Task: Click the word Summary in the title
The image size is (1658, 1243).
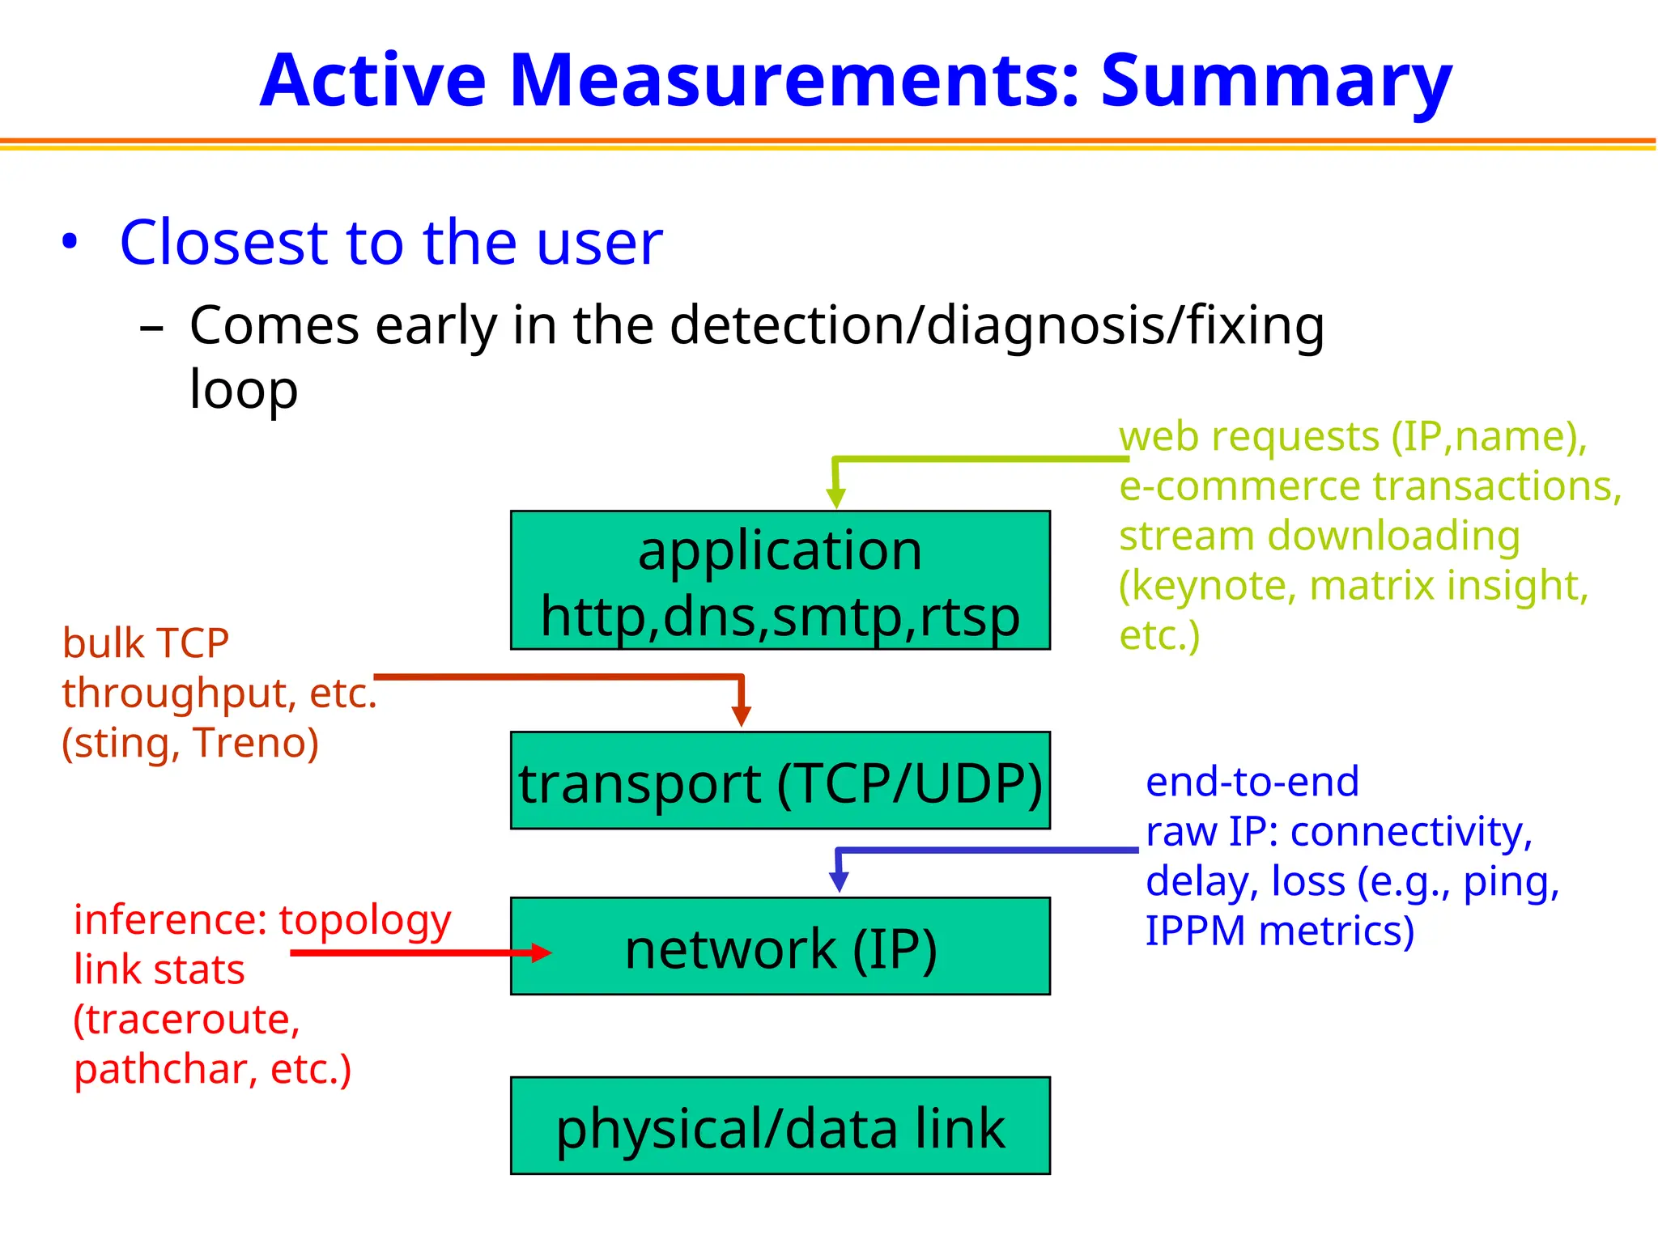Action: [1276, 81]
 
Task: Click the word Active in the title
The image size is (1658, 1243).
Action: [372, 81]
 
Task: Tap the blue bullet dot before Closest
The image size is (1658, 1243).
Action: [70, 242]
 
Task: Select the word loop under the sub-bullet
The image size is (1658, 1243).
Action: [244, 390]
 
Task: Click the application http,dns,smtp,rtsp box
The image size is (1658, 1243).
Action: [780, 579]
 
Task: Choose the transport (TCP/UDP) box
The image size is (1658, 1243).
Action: [780, 781]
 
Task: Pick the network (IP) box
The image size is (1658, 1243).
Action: [780, 946]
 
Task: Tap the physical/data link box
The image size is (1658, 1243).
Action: [780, 1126]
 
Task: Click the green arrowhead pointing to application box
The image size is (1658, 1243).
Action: [836, 497]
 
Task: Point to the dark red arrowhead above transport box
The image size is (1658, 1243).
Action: [741, 715]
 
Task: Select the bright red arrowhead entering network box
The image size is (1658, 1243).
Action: [541, 952]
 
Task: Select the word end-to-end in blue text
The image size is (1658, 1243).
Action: [1252, 782]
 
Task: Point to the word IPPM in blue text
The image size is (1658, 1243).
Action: [1195, 931]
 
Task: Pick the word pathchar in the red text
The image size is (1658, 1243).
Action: [160, 1069]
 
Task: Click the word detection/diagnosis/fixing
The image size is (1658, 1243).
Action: [997, 325]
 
